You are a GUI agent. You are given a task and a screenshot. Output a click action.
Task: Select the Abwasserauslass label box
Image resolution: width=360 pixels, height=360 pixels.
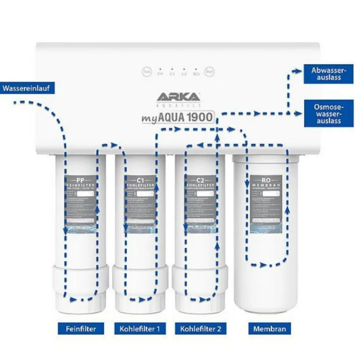coord(326,73)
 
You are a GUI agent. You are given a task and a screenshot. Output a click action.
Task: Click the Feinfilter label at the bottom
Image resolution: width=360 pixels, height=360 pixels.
coord(81,328)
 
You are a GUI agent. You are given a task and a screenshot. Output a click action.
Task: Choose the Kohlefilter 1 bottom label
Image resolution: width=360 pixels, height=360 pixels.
coord(140,328)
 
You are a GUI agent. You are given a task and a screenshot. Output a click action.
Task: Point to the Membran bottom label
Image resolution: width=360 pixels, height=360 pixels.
coord(270,328)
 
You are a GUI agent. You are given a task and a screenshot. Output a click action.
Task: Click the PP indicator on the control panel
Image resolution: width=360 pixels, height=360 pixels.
coord(160,72)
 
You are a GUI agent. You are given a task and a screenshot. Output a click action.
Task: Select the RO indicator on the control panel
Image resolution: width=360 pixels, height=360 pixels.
coord(196,72)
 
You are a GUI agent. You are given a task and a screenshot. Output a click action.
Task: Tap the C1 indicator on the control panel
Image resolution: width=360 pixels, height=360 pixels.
coord(172,72)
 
